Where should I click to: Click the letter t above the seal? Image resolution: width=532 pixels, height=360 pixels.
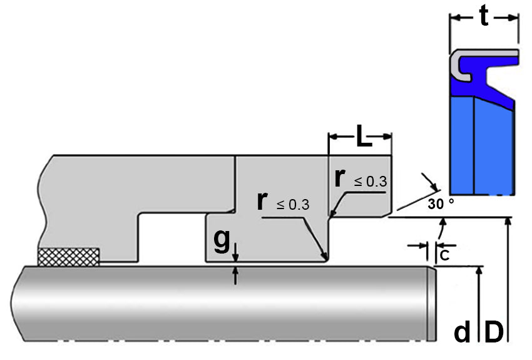(484, 16)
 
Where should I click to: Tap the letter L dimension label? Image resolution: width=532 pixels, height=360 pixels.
(364, 136)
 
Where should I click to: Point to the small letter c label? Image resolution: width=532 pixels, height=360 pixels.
(444, 255)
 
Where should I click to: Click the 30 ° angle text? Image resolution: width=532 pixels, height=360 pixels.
(441, 203)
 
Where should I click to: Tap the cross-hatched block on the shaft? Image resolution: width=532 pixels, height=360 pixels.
(69, 257)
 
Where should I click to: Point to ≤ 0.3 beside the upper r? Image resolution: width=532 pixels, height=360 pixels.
(371, 182)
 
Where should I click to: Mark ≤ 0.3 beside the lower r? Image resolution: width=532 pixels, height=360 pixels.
(293, 205)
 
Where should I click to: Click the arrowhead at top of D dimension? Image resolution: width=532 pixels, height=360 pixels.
(508, 221)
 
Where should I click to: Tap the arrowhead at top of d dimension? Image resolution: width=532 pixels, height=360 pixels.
(479, 270)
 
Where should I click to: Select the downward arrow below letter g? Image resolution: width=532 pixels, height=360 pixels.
(236, 252)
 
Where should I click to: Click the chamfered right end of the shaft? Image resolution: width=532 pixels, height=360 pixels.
(431, 304)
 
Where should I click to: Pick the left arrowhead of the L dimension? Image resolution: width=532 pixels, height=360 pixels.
(333, 136)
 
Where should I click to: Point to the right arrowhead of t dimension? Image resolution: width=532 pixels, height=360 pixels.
(514, 18)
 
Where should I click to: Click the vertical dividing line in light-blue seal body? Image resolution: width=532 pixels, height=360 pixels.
(474, 146)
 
